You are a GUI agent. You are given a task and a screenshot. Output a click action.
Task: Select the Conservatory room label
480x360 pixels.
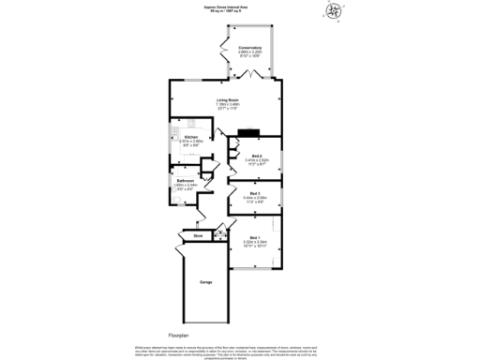(x=248, y=47)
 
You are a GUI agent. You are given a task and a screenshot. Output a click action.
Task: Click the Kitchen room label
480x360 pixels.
(x=178, y=137)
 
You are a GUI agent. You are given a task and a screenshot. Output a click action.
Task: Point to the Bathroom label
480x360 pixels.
(x=185, y=180)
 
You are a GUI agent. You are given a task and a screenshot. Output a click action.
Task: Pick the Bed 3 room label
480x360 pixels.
(x=255, y=193)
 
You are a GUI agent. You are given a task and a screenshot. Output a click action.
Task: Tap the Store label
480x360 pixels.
(x=199, y=235)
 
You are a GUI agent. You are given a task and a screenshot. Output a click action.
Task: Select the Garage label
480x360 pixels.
(x=205, y=281)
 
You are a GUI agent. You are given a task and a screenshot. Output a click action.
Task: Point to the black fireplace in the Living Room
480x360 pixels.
(x=247, y=133)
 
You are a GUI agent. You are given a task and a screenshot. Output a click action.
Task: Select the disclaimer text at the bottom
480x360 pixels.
(x=239, y=351)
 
